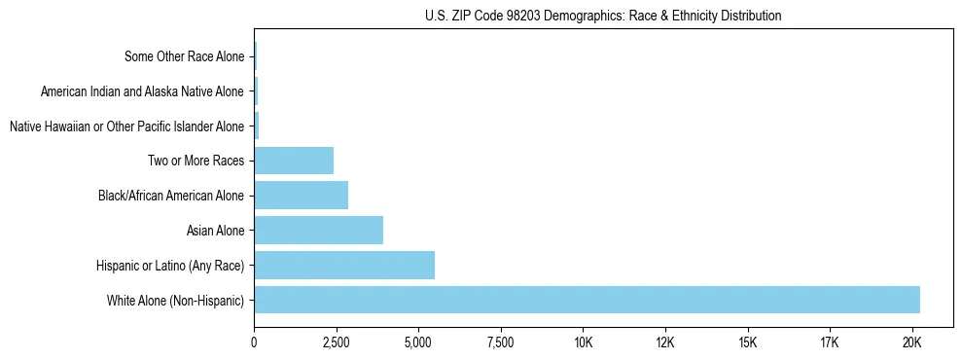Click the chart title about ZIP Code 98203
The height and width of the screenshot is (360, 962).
(x=603, y=16)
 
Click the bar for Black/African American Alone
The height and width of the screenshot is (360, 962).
(x=301, y=196)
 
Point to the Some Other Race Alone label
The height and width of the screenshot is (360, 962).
(x=185, y=56)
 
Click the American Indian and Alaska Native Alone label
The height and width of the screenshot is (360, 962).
(x=143, y=91)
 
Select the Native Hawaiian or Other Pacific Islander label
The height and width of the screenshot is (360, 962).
(x=126, y=126)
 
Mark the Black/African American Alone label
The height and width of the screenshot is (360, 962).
(x=171, y=196)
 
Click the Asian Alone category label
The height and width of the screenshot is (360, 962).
(x=215, y=231)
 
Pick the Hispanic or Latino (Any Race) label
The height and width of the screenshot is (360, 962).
(x=170, y=266)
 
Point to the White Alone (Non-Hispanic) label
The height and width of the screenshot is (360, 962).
(x=176, y=300)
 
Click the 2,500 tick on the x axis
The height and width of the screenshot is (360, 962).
(x=336, y=342)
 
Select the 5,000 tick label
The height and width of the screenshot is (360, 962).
(x=418, y=342)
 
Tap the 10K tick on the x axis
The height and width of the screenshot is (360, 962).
(x=583, y=342)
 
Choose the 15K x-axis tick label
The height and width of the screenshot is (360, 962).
(x=747, y=342)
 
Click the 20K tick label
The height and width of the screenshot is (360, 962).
(x=911, y=342)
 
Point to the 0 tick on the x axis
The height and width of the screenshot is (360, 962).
(x=254, y=342)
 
